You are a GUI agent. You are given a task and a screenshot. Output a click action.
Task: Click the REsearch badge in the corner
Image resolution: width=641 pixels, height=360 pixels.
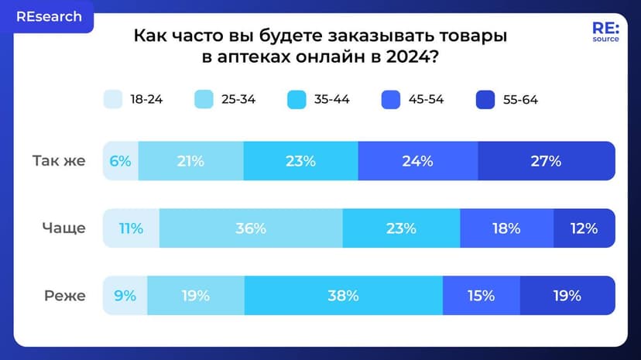pos(48,16)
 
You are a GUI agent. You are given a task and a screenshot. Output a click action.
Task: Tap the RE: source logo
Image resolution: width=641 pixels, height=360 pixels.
pos(605,32)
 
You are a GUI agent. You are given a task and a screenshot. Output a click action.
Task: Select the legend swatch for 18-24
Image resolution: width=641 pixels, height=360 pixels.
pos(113,99)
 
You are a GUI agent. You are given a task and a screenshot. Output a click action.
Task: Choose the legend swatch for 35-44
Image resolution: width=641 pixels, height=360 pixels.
pos(298,99)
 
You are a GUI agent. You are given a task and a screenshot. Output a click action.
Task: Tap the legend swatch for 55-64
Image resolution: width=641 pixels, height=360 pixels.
pos(486,99)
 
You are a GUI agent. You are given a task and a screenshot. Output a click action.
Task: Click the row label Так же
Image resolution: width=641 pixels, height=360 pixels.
pos(59,161)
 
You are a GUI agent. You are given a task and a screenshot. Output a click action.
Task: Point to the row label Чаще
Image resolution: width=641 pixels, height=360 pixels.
pos(63,228)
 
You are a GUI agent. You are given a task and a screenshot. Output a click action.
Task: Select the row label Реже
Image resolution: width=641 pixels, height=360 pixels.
pos(63,295)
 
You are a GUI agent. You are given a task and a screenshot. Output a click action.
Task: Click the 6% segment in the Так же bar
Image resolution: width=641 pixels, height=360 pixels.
pos(121,161)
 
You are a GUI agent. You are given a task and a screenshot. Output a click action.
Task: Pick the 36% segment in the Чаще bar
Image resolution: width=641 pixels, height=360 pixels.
pos(251,228)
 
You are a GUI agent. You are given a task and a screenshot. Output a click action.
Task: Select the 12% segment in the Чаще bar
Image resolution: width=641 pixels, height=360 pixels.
pos(584,228)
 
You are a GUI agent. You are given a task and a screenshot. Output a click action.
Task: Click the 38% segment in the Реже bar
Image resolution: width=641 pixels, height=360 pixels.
pos(343,295)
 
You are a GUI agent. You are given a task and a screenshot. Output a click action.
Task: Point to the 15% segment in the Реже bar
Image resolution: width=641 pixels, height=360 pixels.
pos(481,295)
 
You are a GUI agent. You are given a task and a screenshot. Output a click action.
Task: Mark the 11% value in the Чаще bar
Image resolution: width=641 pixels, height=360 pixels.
pos(131,228)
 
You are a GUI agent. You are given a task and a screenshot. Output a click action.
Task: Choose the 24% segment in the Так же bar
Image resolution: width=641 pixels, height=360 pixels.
pos(418,161)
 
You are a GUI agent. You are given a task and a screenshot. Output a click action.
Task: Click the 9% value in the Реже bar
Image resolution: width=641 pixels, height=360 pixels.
pos(125,295)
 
